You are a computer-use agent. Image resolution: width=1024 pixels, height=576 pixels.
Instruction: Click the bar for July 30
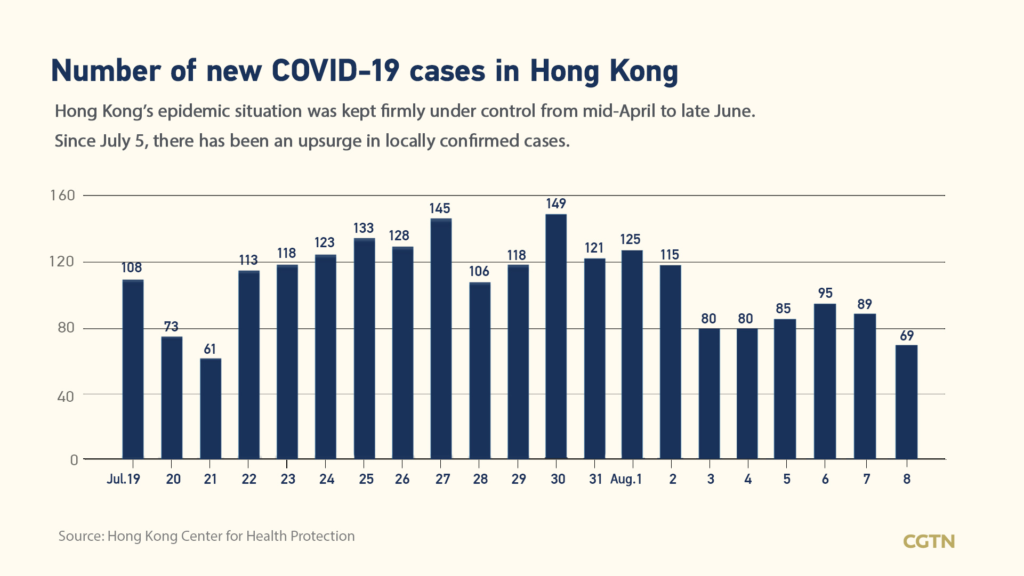[556, 337]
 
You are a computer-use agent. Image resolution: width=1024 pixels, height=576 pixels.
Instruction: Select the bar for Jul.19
[133, 369]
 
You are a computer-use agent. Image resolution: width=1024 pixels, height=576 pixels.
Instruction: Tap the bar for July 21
[211, 409]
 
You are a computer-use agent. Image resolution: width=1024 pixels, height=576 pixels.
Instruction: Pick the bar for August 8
[906, 402]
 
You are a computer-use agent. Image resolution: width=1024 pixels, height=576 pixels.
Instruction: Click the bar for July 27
[441, 339]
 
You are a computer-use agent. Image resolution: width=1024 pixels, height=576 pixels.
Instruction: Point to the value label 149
[556, 204]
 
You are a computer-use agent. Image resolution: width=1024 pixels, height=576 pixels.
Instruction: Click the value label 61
[210, 349]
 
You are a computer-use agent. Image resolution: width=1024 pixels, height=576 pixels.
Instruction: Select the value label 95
[825, 293]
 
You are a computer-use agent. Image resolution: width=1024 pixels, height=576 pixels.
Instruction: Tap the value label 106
[479, 272]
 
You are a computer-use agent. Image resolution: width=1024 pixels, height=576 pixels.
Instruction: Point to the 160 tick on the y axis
[63, 195]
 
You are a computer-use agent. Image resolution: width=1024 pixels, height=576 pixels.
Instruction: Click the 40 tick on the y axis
[65, 396]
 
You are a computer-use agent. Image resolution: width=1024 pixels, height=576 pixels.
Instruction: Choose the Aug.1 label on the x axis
[626, 479]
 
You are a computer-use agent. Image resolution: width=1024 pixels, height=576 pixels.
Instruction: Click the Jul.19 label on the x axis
[123, 479]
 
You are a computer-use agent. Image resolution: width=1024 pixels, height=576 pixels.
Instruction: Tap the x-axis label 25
[366, 479]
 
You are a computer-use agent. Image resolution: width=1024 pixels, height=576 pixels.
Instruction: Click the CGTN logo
[929, 541]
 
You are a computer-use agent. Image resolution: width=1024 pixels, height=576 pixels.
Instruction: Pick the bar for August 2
[670, 362]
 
